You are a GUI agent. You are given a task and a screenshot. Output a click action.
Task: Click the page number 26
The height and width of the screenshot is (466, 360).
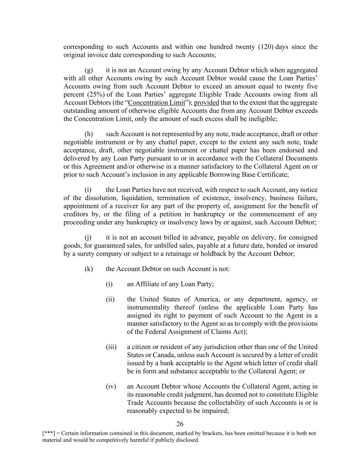(x=180, y=424)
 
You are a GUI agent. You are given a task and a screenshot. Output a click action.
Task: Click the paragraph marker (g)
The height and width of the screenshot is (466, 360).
(x=89, y=70)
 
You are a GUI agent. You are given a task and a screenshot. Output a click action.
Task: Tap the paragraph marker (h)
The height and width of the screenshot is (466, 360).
(x=89, y=134)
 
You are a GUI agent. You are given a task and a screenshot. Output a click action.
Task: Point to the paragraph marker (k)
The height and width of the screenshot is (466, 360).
(x=89, y=269)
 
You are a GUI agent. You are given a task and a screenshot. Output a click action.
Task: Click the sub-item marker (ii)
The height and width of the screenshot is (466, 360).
(x=110, y=299)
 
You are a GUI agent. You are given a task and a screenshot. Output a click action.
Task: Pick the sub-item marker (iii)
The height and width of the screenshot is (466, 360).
(x=111, y=347)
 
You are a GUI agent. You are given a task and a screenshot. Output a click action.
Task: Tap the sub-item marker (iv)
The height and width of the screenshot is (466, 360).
(x=111, y=386)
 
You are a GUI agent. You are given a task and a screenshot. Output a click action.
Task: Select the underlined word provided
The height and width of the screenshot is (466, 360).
(x=206, y=103)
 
